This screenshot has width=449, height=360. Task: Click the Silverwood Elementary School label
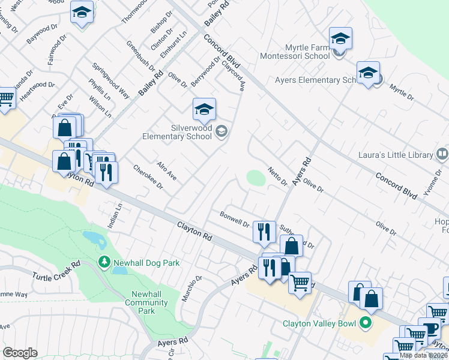click(x=177, y=132)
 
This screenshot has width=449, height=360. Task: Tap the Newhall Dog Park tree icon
click(x=104, y=263)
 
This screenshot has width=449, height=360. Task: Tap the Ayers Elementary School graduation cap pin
click(x=368, y=74)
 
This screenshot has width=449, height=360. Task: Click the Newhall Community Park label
click(x=146, y=302)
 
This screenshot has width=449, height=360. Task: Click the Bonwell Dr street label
click(x=234, y=220)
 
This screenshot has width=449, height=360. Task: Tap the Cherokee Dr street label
click(x=148, y=177)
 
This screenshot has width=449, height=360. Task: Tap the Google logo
click(x=20, y=353)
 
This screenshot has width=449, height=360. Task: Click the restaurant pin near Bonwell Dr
click(x=264, y=232)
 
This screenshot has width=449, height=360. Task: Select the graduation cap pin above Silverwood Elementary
click(x=204, y=110)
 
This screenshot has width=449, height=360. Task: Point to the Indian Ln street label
click(x=118, y=214)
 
